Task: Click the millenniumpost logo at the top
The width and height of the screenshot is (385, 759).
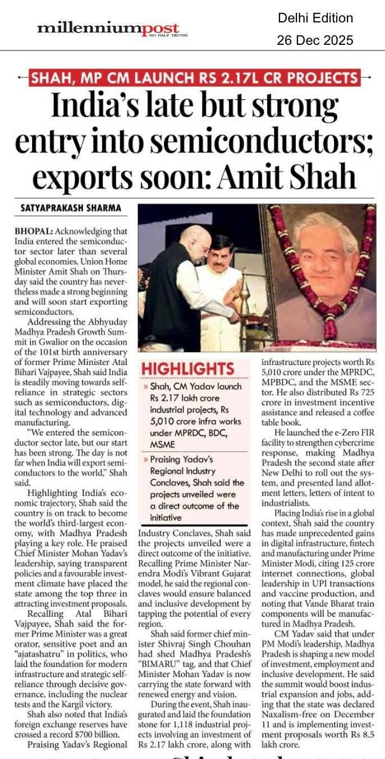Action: pos(108,28)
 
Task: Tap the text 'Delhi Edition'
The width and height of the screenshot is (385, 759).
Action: pos(315,18)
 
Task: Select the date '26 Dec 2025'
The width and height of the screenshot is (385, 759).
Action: pos(315,40)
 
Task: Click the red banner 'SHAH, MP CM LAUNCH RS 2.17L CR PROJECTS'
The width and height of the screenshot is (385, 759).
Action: pos(194,78)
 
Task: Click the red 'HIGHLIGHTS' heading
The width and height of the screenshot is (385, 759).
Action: pos(187,368)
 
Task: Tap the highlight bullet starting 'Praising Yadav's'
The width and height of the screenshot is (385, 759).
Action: pos(196,487)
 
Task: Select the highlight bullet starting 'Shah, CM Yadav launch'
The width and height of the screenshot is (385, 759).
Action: pos(196,415)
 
